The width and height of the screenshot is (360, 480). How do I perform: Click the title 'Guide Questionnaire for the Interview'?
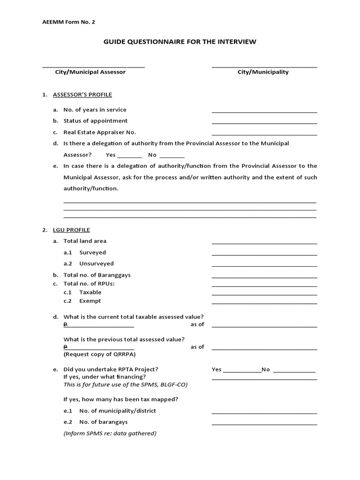(180, 42)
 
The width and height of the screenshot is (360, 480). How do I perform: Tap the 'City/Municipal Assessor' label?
(90, 72)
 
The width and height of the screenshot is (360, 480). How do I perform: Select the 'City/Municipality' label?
(263, 72)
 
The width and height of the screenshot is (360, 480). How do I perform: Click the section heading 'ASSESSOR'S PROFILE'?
(82, 95)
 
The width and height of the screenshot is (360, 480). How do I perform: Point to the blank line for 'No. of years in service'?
(264, 112)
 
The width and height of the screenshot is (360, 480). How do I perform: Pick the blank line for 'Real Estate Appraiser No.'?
(264, 134)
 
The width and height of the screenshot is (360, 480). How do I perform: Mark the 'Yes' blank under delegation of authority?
(129, 157)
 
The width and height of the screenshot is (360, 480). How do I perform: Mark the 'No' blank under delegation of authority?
(172, 157)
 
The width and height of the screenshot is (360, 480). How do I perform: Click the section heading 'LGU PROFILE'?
(71, 230)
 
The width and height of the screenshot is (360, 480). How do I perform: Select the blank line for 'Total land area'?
(264, 243)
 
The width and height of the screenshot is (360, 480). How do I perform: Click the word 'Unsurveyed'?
(96, 263)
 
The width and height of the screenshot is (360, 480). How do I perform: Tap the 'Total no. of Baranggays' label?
(97, 275)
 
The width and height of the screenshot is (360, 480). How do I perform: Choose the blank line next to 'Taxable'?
(264, 294)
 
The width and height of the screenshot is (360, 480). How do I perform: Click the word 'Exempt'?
(90, 301)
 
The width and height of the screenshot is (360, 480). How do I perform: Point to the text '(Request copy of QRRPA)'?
(99, 354)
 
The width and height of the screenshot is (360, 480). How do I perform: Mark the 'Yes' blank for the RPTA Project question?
(242, 371)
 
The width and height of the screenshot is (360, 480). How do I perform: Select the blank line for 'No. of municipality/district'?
(264, 412)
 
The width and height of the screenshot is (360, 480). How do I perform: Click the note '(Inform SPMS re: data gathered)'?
(110, 433)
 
